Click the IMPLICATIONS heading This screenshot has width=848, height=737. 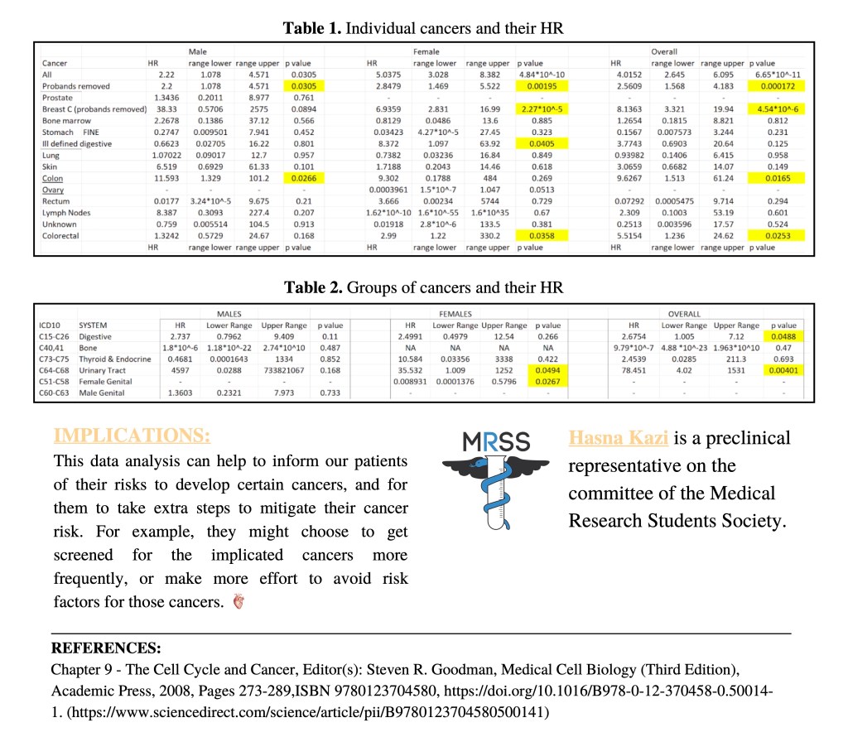pyautogui.click(x=132, y=436)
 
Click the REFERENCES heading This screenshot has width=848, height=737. pyautogui.click(x=106, y=648)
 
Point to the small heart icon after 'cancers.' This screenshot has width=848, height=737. pyautogui.click(x=238, y=602)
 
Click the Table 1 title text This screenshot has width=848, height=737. pyautogui.click(x=423, y=28)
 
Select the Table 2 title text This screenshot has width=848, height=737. pyautogui.click(x=423, y=288)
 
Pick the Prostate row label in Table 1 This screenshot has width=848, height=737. pyautogui.click(x=58, y=97)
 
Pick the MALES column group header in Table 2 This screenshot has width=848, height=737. pyautogui.click(x=229, y=315)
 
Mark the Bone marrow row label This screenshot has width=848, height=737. pyautogui.click(x=65, y=120)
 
